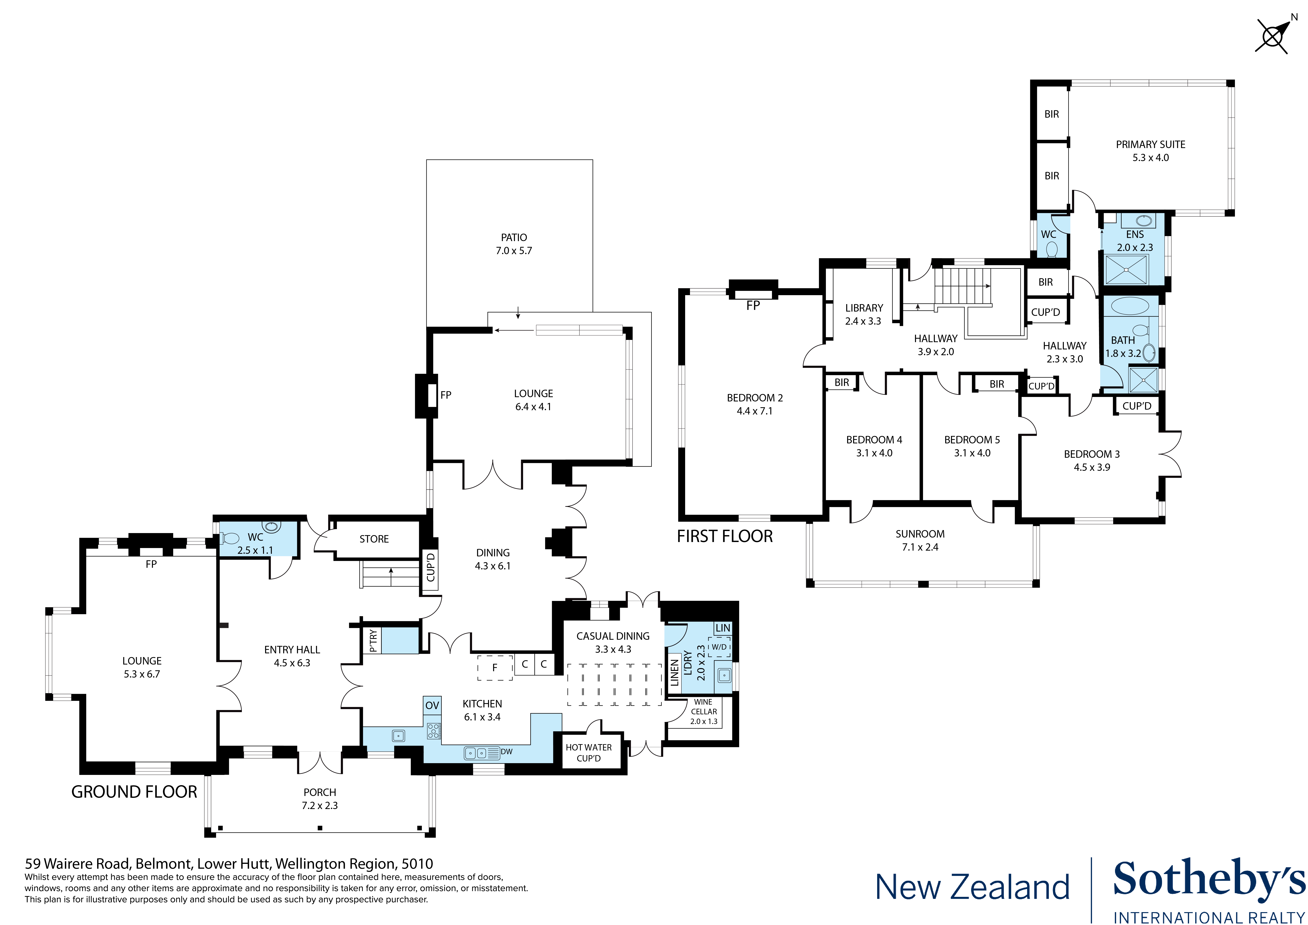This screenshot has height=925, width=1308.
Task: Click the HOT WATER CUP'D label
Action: point(589,752)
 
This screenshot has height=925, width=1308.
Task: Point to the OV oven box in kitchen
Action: point(432,705)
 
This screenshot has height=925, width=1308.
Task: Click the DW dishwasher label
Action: point(507,752)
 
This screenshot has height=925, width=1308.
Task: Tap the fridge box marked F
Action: point(494,667)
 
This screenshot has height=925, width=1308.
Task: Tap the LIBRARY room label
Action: point(864,308)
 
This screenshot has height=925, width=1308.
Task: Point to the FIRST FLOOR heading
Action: point(725,536)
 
